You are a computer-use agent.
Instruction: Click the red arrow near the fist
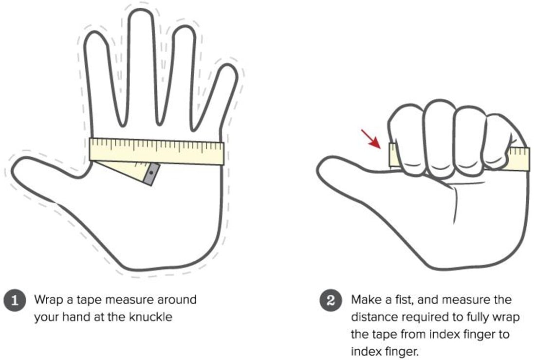(370, 139)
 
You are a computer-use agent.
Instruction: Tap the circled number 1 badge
(15, 301)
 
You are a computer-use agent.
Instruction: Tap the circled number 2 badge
(331, 301)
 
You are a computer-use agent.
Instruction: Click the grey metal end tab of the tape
(151, 174)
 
